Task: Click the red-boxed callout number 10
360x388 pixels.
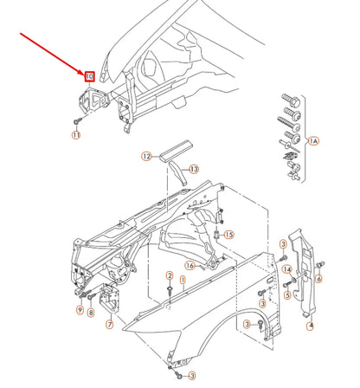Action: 89,76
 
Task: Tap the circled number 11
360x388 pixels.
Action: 75,135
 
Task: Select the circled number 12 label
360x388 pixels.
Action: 147,157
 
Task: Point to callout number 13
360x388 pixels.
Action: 194,168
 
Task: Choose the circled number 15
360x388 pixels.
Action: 229,235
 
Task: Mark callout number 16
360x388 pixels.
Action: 189,265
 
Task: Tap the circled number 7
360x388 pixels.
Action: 110,325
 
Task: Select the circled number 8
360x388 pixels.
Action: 91,311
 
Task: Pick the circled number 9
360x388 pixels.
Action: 79,310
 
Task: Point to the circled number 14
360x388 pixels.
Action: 286,270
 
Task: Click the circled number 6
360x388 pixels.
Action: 318,278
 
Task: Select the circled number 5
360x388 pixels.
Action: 286,294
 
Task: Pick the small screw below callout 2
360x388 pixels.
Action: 170,289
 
